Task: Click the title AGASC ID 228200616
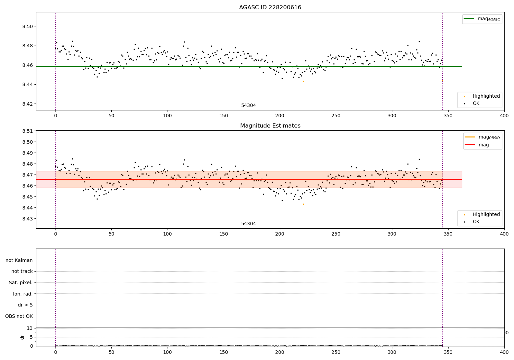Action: [270, 8]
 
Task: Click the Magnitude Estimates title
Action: [270, 126]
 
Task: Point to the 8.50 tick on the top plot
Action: [27, 26]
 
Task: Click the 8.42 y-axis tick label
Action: [27, 104]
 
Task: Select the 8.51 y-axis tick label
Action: [27, 131]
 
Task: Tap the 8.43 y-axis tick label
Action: [27, 219]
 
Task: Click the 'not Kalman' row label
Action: [19, 260]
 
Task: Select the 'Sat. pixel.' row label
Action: [21, 283]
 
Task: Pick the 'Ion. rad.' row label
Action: [23, 294]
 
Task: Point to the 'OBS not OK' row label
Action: [19, 316]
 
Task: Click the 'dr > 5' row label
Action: [25, 305]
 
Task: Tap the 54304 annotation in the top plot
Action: [248, 106]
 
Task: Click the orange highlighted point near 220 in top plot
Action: [303, 81]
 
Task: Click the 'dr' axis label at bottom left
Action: [22, 337]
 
